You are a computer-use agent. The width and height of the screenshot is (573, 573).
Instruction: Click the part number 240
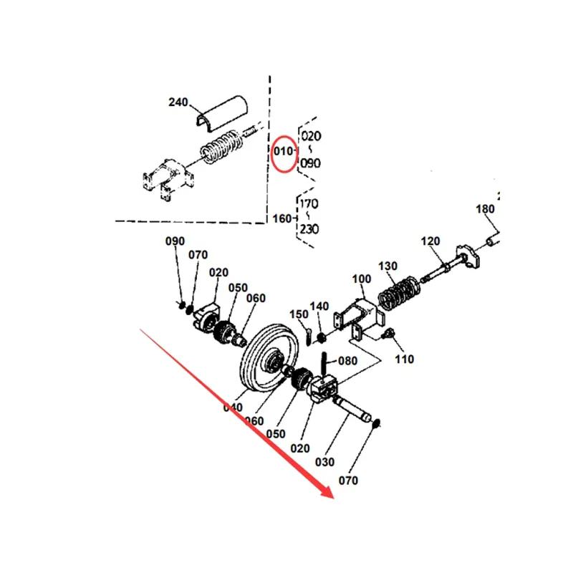pyautogui.click(x=178, y=102)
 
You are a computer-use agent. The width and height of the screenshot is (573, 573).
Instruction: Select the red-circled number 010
pyautogui.click(x=283, y=152)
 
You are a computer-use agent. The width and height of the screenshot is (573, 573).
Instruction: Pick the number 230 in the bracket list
pyautogui.click(x=309, y=230)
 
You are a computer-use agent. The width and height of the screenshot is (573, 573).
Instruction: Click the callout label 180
pyautogui.click(x=486, y=209)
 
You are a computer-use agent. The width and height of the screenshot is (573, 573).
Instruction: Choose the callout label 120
pyautogui.click(x=430, y=241)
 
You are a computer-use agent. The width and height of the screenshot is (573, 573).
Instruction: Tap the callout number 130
pyautogui.click(x=387, y=266)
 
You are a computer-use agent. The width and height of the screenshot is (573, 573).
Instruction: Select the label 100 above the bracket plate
pyautogui.click(x=362, y=278)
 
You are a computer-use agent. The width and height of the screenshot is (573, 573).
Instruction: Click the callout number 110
pyautogui.click(x=405, y=359)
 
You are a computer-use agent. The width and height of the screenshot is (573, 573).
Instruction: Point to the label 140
pyautogui.click(x=319, y=307)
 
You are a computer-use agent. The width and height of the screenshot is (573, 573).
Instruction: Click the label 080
pyautogui.click(x=347, y=361)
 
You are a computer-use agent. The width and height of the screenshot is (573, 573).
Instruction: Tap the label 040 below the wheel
pyautogui.click(x=233, y=408)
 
